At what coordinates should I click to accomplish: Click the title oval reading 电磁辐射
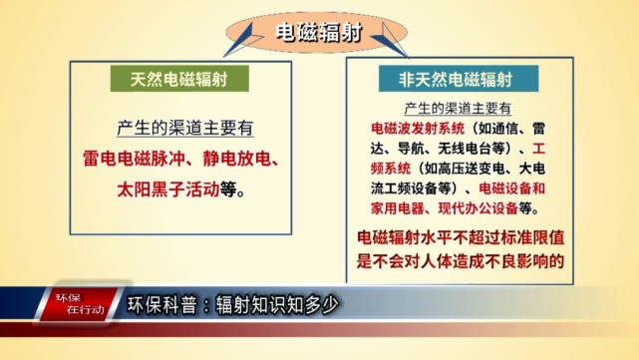tap(319, 33)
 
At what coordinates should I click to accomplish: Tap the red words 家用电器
tap(394, 208)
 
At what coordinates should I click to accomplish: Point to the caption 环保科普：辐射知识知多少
tap(235, 305)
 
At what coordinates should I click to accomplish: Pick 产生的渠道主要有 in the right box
tap(458, 108)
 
